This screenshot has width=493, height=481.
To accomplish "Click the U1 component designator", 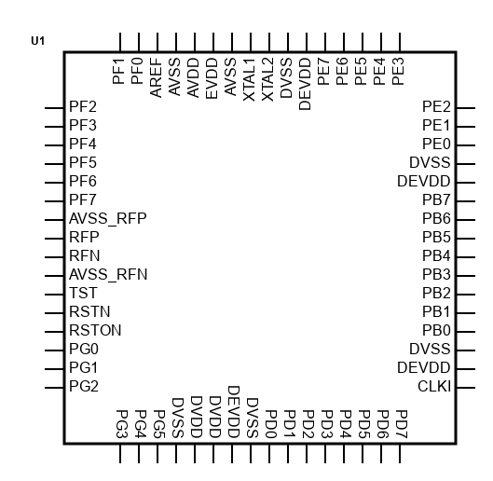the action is pyautogui.click(x=37, y=41).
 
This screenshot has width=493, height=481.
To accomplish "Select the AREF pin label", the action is pyautogui.click(x=156, y=77).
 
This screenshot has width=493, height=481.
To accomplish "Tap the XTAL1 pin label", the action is pyautogui.click(x=250, y=79).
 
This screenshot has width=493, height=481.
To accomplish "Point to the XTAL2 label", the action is pyautogui.click(x=267, y=79).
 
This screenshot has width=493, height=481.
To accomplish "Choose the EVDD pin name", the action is pyautogui.click(x=212, y=78).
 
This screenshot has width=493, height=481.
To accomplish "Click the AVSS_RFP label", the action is pyautogui.click(x=108, y=219).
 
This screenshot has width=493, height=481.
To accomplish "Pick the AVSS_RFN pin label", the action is pyautogui.click(x=108, y=275).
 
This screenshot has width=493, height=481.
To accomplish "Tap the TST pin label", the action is pyautogui.click(x=83, y=294).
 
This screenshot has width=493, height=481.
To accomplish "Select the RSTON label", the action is pyautogui.click(x=95, y=330).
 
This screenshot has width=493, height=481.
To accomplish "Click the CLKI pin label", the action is pyautogui.click(x=434, y=386).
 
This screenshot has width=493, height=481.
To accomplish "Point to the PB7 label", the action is pyautogui.click(x=436, y=199).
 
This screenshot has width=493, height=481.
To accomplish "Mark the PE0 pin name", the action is pyautogui.click(x=436, y=144).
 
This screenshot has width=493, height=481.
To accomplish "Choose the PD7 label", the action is pyautogui.click(x=401, y=424).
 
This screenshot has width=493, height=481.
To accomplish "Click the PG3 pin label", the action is pyautogui.click(x=121, y=424).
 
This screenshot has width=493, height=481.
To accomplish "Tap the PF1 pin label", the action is pyautogui.click(x=118, y=71).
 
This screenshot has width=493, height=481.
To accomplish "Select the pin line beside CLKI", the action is pyautogui.click(x=466, y=388).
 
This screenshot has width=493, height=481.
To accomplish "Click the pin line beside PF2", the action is pyautogui.click(x=54, y=108).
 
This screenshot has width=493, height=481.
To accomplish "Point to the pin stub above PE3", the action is pyautogui.click(x=400, y=42).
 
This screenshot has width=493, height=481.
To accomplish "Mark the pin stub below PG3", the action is pyautogui.click(x=120, y=453).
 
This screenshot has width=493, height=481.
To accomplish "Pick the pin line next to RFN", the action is pyautogui.click(x=54, y=257).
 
